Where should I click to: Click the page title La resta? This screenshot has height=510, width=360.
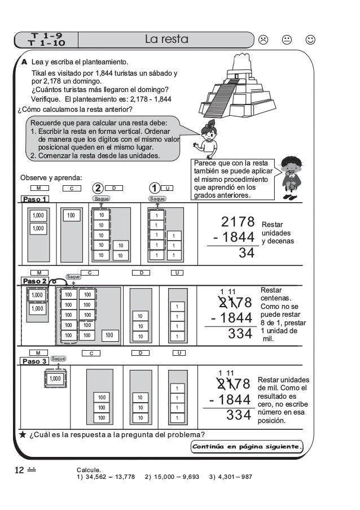point(166,40)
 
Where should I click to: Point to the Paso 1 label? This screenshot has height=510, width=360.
point(35,199)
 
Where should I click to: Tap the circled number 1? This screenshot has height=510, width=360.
point(153,187)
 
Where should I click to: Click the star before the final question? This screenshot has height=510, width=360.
point(21,434)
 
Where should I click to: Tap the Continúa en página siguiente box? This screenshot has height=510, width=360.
point(247,447)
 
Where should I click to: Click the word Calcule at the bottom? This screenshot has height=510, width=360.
point(89,469)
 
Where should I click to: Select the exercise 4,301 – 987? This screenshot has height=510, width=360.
point(230,477)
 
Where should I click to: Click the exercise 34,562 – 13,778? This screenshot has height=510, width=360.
point(106,477)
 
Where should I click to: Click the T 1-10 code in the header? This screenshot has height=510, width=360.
point(47,43)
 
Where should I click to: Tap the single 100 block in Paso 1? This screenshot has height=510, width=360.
point(71,215)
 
